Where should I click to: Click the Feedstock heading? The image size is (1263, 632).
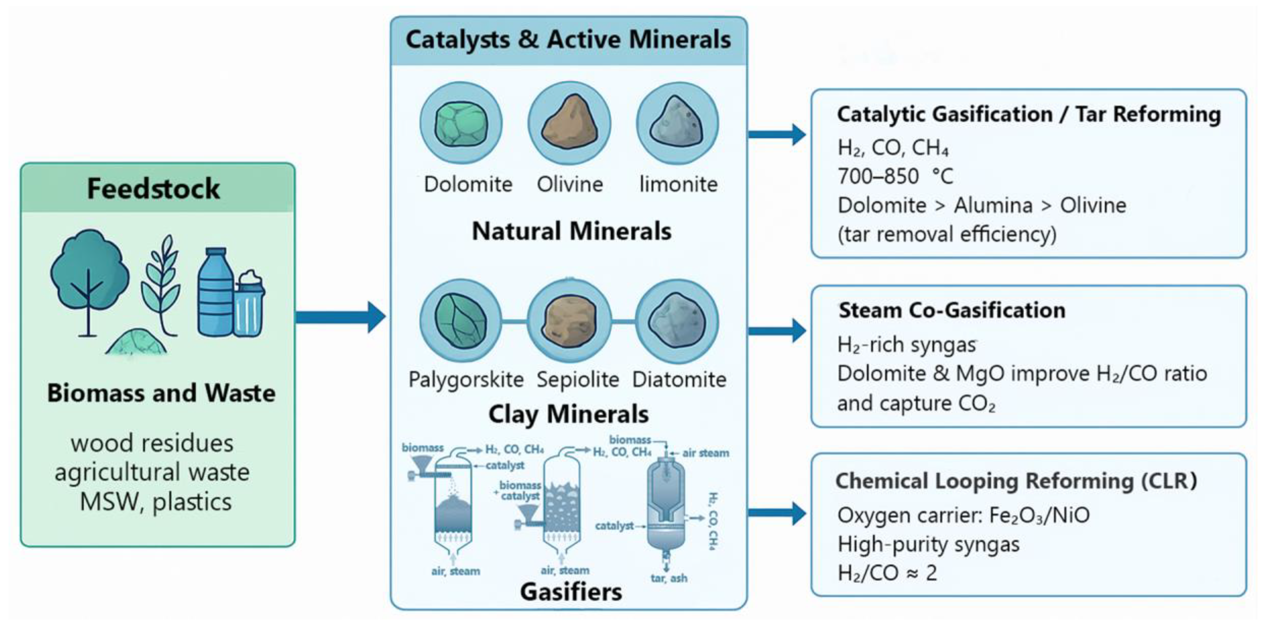pos(153,189)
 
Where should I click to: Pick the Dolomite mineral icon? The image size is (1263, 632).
pos(461,123)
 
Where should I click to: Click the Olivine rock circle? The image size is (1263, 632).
pos(569,123)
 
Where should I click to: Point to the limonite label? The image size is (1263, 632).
pos(678,184)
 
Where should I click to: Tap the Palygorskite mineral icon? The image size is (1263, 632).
pos(461,321)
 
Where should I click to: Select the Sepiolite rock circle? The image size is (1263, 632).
pos(569,321)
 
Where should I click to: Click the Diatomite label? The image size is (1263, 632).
pos(679,379)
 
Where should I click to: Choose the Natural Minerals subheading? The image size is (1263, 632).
pos(571,231)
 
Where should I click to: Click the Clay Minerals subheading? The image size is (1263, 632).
pos(569,414)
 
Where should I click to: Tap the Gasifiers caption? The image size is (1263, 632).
pos(571,592)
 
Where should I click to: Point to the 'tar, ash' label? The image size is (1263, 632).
pos(669,578)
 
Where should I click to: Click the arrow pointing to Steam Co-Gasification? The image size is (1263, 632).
pos(777,331)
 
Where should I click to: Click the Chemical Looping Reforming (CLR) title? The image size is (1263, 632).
pos(1016,481)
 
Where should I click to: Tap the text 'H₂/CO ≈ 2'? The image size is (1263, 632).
pos(887,573)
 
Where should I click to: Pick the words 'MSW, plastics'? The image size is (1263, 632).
pos(156,502)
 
